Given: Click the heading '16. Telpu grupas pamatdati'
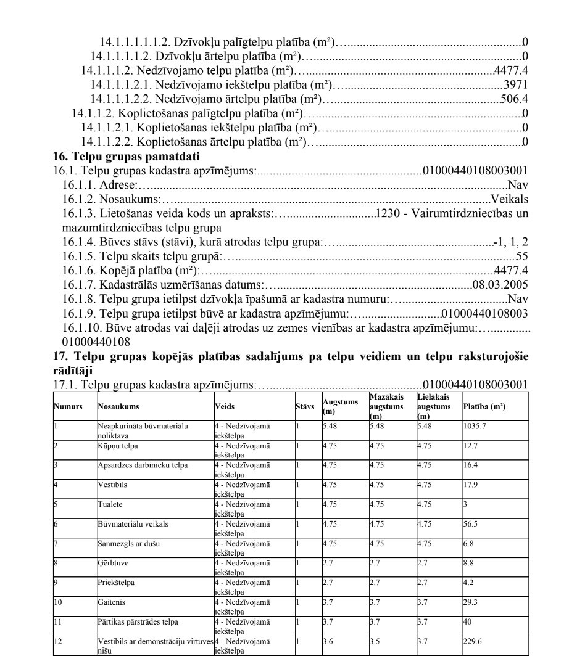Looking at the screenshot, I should (114, 155).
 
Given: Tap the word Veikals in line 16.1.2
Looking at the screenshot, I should (510, 198).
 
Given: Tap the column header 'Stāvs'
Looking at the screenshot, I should (305, 407).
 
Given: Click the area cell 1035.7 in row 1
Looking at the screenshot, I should (473, 425).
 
